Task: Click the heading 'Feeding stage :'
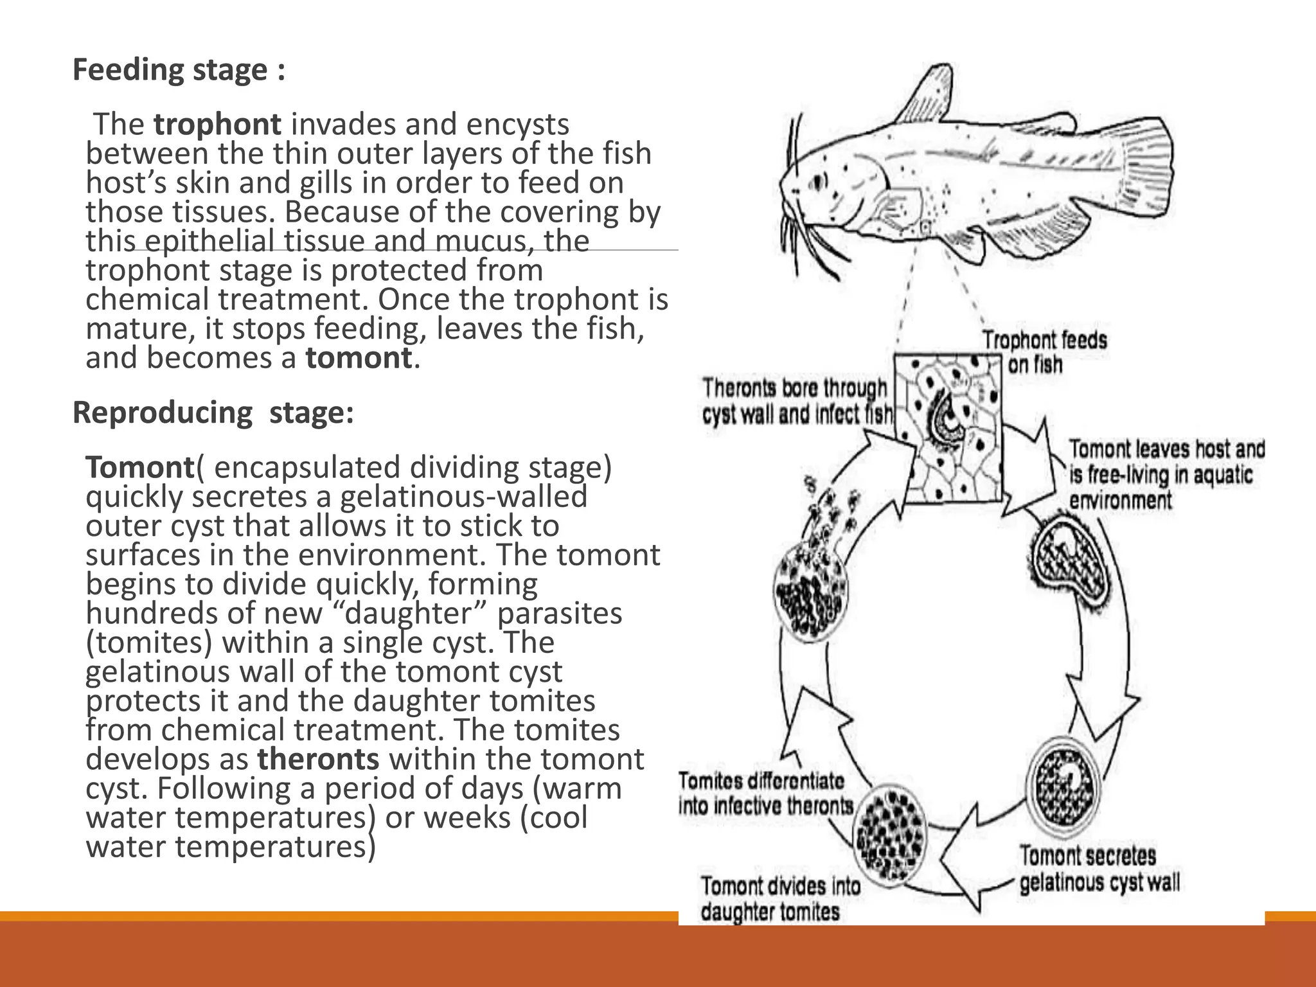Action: point(179,70)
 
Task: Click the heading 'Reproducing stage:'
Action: point(213,413)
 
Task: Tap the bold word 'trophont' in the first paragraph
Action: point(217,125)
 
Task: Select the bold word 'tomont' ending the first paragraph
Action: point(358,358)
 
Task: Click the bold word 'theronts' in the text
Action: point(318,759)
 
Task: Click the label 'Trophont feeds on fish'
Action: point(1044,352)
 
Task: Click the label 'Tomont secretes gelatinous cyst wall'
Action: point(1099,869)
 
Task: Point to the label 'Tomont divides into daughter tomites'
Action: point(779,899)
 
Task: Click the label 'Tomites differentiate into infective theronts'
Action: point(765,794)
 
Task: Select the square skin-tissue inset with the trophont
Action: point(948,427)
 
